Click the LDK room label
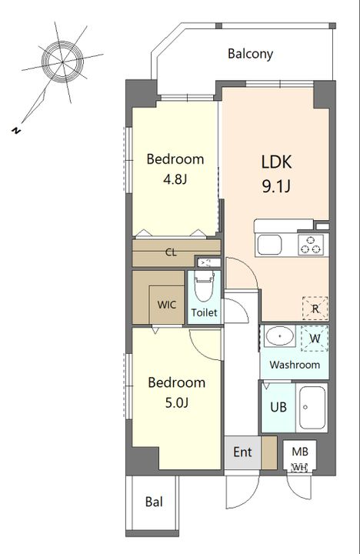click(277, 162)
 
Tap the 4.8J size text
click(175, 179)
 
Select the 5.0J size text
click(177, 402)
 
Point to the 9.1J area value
click(276, 186)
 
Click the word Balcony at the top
click(250, 54)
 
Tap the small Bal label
click(155, 502)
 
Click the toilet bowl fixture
click(204, 286)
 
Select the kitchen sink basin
click(269, 245)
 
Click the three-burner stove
click(311, 245)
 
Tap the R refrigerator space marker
click(315, 309)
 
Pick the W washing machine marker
click(315, 339)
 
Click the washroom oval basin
click(280, 336)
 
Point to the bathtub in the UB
click(312, 407)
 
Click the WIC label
click(167, 305)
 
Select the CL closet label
click(172, 252)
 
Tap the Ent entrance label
click(243, 452)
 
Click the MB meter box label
click(300, 451)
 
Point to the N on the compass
click(15, 130)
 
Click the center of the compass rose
click(62, 62)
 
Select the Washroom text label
click(295, 365)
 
